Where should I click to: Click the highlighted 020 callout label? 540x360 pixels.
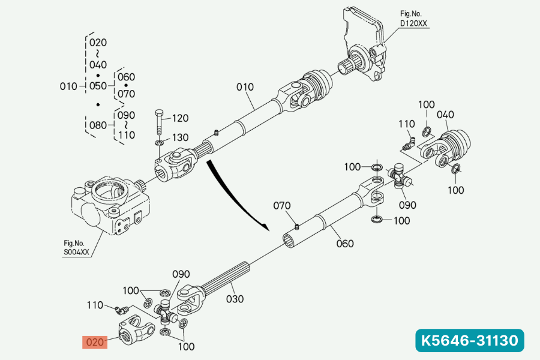coord(95,343)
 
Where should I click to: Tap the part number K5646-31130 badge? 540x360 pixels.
coord(470,340)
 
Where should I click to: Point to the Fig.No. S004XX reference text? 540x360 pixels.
coord(76,247)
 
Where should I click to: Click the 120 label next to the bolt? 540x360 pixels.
coord(181,118)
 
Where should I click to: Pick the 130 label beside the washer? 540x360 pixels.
coord(181,137)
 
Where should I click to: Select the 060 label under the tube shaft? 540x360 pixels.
coord(345,244)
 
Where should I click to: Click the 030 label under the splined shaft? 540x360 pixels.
coord(235,298)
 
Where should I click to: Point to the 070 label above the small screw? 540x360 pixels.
coord(282,206)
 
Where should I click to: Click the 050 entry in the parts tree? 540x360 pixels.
coord(98,86)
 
